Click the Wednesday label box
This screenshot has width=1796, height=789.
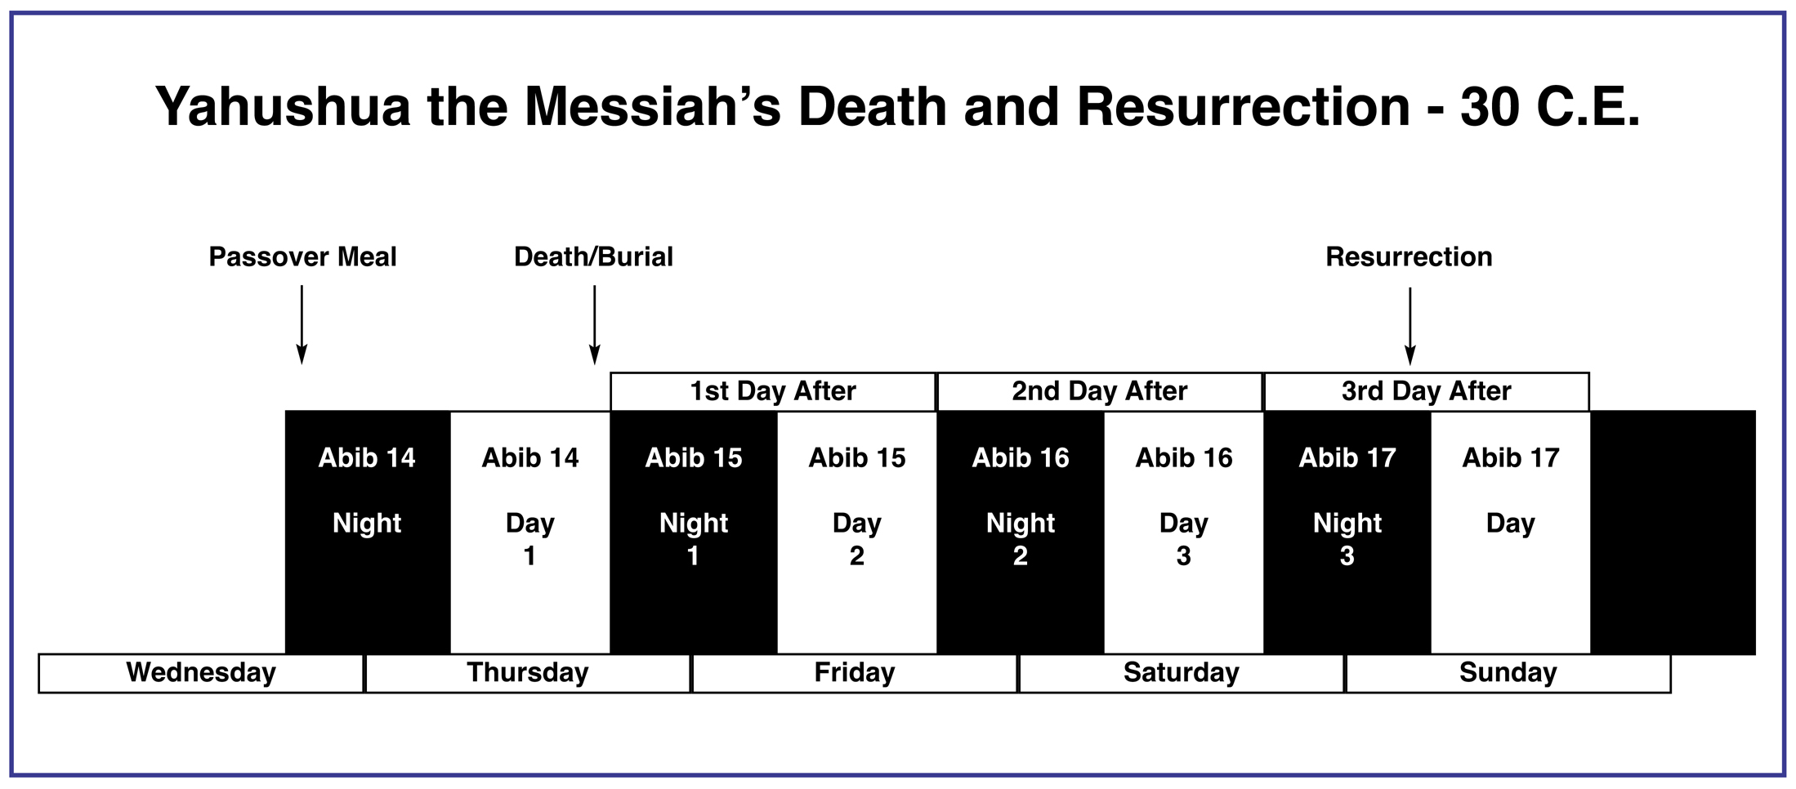pyautogui.click(x=201, y=673)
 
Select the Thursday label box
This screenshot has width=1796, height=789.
pyautogui.click(x=528, y=673)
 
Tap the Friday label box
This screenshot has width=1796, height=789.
pyautogui.click(x=855, y=673)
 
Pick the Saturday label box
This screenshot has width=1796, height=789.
pyautogui.click(x=1182, y=673)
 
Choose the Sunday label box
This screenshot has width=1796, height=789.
pyautogui.click(x=1508, y=673)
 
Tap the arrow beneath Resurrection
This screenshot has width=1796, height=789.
pyautogui.click(x=1410, y=326)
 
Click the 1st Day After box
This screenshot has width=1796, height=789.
pyautogui.click(x=773, y=391)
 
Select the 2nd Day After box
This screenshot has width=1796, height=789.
pyautogui.click(x=1100, y=391)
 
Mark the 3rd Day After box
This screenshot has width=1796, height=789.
pyautogui.click(x=1427, y=391)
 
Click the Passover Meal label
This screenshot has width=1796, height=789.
pyautogui.click(x=302, y=257)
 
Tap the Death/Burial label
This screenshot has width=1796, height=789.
pyautogui.click(x=594, y=257)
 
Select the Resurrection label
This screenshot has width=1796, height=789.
pyautogui.click(x=1409, y=257)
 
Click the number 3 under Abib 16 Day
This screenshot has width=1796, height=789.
pyautogui.click(x=1183, y=556)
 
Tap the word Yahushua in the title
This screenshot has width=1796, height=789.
pyautogui.click(x=283, y=107)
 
